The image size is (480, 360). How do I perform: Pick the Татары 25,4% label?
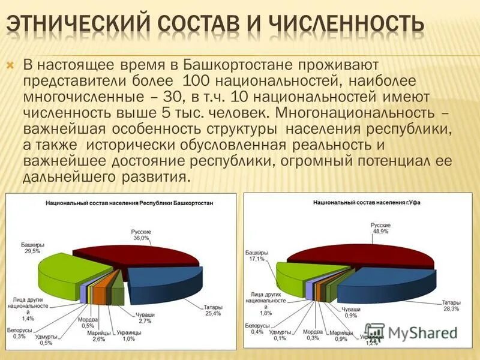212,310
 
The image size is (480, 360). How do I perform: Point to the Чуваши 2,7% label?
145,318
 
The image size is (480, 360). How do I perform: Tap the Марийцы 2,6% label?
98,335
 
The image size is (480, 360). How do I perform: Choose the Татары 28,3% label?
451,305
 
